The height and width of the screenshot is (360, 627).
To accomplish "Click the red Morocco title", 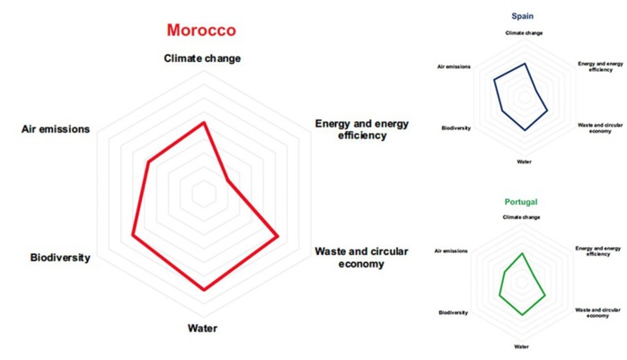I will [x=201, y=31].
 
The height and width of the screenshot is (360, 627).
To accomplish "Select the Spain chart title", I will [x=523, y=16].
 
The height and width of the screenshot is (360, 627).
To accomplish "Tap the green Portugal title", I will [x=521, y=203].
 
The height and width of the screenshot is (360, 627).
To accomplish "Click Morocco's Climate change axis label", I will [x=202, y=59].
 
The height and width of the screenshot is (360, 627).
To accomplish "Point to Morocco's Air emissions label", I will [x=56, y=129].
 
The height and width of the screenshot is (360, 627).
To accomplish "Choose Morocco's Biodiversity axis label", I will [x=60, y=258].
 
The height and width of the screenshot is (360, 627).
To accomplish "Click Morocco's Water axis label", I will [x=202, y=329].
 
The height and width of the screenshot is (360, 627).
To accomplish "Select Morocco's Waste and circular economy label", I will [x=361, y=258].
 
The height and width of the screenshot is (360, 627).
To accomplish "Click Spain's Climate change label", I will [x=524, y=33].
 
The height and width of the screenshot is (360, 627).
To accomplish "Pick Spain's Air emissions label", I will [x=454, y=67].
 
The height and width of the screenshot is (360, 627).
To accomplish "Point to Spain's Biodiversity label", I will [x=455, y=128].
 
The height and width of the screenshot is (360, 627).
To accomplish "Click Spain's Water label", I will [x=524, y=162].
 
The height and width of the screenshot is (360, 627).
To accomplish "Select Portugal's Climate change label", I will [x=521, y=217].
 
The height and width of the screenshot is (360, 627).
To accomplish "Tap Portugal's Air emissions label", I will [x=451, y=250].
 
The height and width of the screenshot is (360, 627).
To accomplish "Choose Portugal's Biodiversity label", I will [x=453, y=312].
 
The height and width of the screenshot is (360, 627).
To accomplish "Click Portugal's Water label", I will [x=521, y=346].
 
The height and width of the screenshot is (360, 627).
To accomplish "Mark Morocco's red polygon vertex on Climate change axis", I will [x=204, y=123].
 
